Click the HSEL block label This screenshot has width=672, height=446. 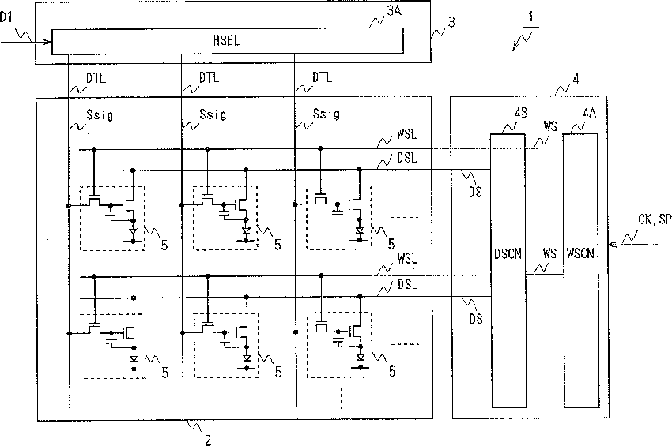point(226,41)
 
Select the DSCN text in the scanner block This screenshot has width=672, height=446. point(508,254)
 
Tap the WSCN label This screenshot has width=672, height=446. point(580,253)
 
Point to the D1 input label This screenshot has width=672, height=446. point(6,17)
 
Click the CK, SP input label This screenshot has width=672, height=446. point(655,219)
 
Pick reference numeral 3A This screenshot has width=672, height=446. point(394,11)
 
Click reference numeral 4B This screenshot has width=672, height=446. point(521,113)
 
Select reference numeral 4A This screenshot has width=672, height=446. point(589,113)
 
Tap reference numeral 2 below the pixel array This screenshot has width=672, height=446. point(208,440)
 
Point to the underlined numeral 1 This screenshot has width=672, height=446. point(531,17)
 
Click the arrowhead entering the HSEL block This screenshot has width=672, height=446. point(48,42)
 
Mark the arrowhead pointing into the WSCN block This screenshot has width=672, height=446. point(613,245)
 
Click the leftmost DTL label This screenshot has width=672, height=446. point(96,78)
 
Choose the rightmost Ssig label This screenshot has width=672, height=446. point(327,114)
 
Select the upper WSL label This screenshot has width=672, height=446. point(406,134)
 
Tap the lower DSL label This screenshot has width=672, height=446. point(407,285)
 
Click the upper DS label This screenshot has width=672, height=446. point(475,192)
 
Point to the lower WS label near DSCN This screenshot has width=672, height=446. point(549,253)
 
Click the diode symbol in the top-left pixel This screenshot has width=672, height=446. point(133,232)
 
